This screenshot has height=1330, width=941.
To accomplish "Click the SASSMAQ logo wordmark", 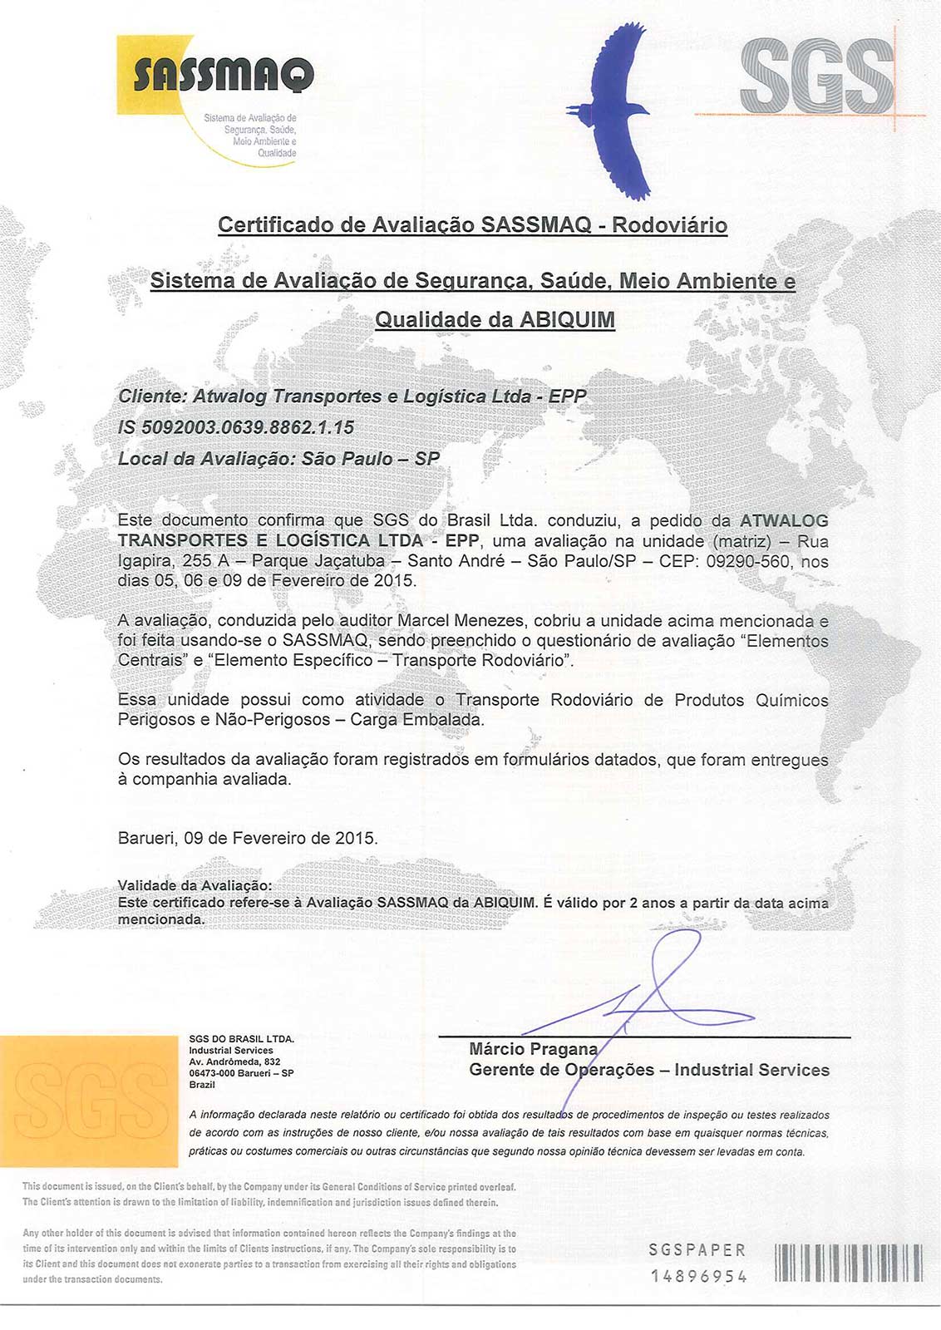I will click(x=223, y=76).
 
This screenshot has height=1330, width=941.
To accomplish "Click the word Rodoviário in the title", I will click(x=669, y=225).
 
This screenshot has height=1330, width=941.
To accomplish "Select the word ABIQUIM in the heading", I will click(x=567, y=320).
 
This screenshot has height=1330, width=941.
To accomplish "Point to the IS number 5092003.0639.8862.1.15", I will click(x=236, y=427).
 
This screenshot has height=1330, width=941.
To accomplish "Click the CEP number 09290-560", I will click(x=747, y=561).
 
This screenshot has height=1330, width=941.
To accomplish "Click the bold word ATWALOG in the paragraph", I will click(x=784, y=521).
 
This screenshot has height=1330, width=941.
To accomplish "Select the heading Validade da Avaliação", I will click(x=195, y=885).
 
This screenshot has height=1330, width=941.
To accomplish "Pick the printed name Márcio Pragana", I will click(x=533, y=1049).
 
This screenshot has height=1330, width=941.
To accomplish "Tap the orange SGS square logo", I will click(x=88, y=1101).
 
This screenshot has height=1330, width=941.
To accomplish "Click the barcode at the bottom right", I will click(x=849, y=1263).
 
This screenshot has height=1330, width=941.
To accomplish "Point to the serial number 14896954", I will click(x=698, y=1276).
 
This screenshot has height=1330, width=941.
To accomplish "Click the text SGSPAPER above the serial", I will click(x=697, y=1250).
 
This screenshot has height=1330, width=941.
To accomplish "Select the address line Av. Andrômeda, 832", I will click(x=234, y=1062).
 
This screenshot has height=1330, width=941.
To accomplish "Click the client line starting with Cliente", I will click(x=352, y=397).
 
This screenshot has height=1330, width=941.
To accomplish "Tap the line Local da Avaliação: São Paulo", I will click(x=278, y=459).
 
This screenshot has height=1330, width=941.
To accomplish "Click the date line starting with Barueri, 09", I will click(x=248, y=838).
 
